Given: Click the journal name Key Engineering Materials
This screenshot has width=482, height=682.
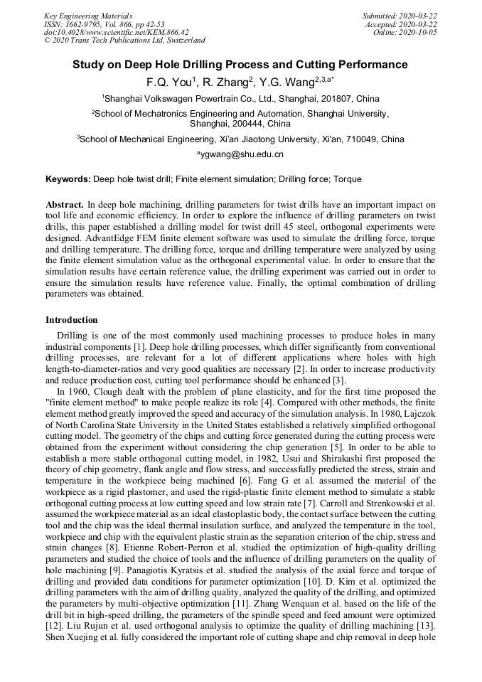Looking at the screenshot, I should click(88, 16).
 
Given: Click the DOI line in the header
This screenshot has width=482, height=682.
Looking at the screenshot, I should click(116, 32).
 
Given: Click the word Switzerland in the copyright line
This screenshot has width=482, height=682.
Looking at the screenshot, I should click(182, 41).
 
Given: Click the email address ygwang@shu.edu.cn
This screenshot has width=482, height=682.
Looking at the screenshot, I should click(242, 154).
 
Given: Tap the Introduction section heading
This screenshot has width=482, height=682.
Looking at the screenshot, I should click(72, 320).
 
